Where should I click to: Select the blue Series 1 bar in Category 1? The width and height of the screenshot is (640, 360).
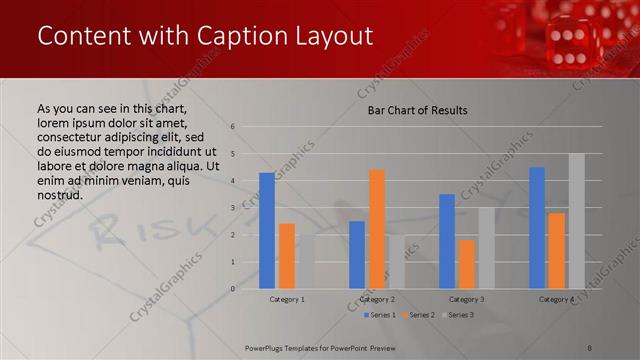[x=266, y=230]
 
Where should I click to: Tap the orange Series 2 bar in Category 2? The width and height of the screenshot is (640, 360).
[x=376, y=229]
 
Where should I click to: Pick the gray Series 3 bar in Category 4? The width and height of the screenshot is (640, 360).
[x=576, y=221]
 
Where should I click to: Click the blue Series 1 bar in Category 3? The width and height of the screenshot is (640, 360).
[x=447, y=241]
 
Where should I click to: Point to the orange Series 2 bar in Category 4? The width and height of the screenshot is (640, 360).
[x=557, y=250]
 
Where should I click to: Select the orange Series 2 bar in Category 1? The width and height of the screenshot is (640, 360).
[x=286, y=256]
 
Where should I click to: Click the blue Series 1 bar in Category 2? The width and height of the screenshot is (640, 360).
[x=357, y=255]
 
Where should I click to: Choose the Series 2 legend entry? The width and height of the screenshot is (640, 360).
[x=420, y=315]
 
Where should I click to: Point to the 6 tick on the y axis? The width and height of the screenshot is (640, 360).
[x=232, y=127]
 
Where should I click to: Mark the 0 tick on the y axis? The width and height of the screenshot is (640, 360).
[x=232, y=289]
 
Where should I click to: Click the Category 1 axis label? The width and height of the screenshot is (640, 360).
[x=287, y=299]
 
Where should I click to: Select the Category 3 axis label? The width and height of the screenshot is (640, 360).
[x=466, y=299]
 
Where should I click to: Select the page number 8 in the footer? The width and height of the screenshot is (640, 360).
[x=589, y=347]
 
